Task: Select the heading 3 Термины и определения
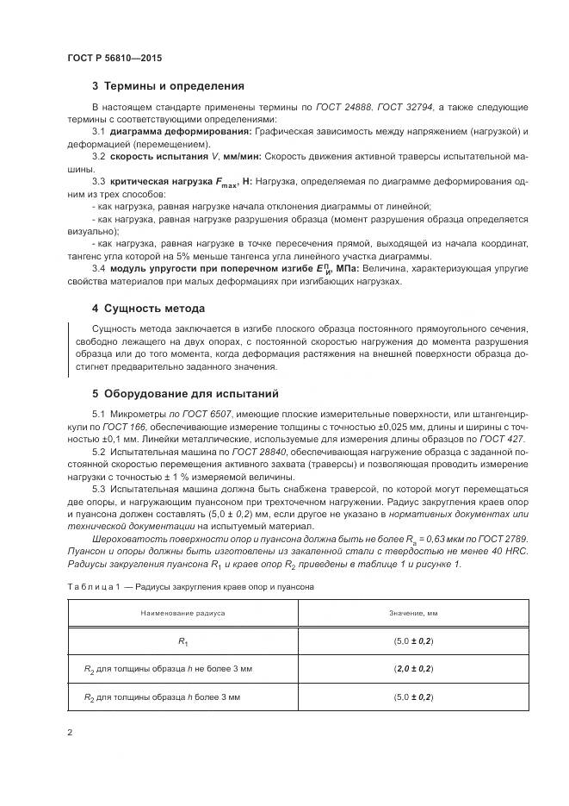(x=168, y=86)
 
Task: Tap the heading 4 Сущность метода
(x=148, y=308)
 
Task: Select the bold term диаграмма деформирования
(x=179, y=131)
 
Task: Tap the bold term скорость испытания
(x=152, y=157)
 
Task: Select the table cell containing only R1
(x=182, y=640)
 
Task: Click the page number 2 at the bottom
(x=70, y=733)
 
